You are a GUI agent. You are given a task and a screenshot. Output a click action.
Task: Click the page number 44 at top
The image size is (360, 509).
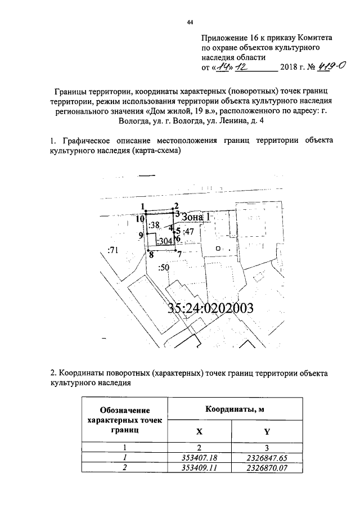tap(190, 22)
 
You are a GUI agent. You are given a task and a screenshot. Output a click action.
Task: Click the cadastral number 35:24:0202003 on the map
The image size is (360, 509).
tap(211, 308)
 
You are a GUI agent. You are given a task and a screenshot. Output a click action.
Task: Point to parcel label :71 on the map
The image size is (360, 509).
tap(113, 250)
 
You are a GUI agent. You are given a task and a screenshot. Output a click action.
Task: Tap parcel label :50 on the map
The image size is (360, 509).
tap(164, 268)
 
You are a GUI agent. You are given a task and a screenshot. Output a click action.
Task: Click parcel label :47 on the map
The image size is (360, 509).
tap(188, 231)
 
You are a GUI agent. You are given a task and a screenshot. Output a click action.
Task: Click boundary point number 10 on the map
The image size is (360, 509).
tap(139, 212)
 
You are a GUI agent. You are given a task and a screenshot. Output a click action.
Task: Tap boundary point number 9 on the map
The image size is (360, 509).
tap(141, 236)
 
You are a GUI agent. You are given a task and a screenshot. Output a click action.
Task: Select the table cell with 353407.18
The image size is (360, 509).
tap(200, 458)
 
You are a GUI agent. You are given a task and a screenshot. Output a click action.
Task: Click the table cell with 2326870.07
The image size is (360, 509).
tap(259, 467)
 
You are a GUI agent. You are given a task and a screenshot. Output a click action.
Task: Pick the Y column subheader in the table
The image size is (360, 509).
tap(259, 432)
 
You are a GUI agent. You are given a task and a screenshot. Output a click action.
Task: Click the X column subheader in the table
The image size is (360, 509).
tap(200, 432)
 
